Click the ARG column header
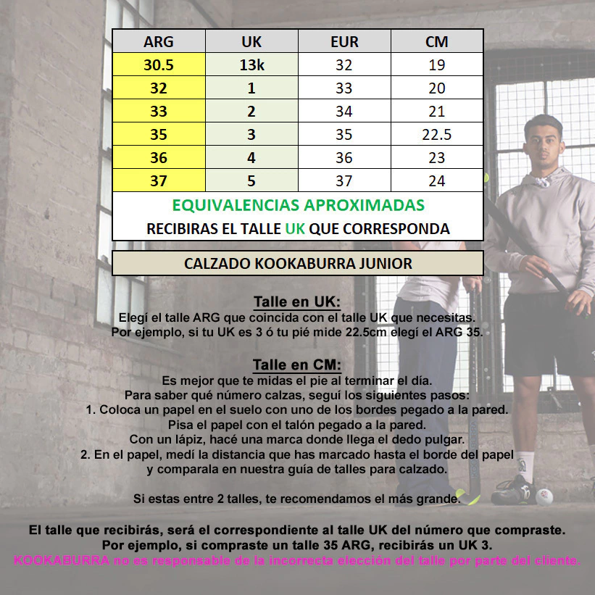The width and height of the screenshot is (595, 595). point(159,41)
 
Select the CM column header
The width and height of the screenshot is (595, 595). point(436,41)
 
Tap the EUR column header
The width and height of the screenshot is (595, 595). point(344,41)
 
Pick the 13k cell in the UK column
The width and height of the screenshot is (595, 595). point(251,65)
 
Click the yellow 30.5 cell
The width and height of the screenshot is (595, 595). point(159,65)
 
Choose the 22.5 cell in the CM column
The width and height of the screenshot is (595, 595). point(436,134)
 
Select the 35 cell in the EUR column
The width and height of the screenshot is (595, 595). point(344,134)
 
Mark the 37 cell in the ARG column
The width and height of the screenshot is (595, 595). point(159,180)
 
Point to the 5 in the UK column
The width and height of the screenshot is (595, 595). point(251,180)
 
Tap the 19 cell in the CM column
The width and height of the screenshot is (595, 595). point(436,65)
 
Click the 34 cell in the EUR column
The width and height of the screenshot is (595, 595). point(344,111)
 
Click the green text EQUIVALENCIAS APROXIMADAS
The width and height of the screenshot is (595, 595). point(298,204)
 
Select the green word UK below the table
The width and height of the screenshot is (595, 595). point(295,228)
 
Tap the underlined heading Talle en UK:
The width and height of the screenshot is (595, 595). point(297,301)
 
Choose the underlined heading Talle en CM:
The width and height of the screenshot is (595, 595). point(297,364)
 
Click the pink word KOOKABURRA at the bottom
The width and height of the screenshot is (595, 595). point(61,560)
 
